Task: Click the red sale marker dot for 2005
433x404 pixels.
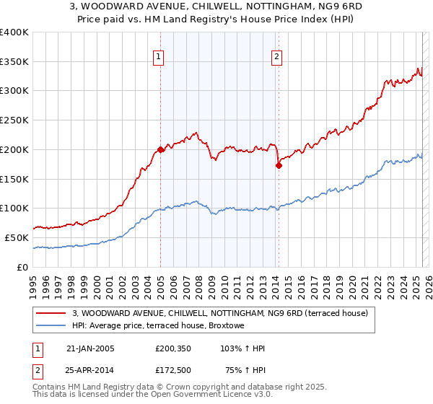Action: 160,150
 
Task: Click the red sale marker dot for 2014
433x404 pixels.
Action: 278,165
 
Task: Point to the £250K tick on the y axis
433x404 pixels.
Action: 14,120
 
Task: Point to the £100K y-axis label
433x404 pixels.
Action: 14,208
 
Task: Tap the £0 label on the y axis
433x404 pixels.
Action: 22,267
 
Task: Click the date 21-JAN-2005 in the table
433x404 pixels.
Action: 90,348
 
